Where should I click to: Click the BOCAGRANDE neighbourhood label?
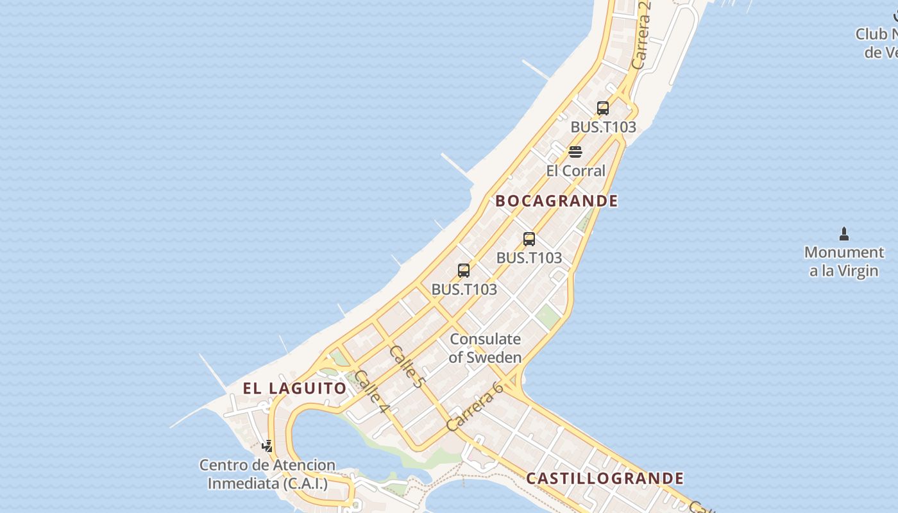pyautogui.click(x=557, y=201)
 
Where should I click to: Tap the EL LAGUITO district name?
pyautogui.click(x=294, y=388)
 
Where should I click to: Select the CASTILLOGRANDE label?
pyautogui.click(x=605, y=478)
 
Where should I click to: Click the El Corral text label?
pyautogui.click(x=575, y=171)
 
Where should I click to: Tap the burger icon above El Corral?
pyautogui.click(x=575, y=152)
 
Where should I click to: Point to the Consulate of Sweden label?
pyautogui.click(x=485, y=348)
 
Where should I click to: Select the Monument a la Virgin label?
pyautogui.click(x=844, y=262)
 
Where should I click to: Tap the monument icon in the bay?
pyautogui.click(x=844, y=234)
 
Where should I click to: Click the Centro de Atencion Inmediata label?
pyautogui.click(x=267, y=474)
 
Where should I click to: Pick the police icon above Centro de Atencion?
pyautogui.click(x=267, y=446)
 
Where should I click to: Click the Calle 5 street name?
pyautogui.click(x=407, y=367)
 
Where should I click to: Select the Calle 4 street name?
pyautogui.click(x=371, y=391)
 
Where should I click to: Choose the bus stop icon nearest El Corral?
pyautogui.click(x=602, y=108)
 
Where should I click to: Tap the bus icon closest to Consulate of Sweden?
pyautogui.click(x=464, y=271)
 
